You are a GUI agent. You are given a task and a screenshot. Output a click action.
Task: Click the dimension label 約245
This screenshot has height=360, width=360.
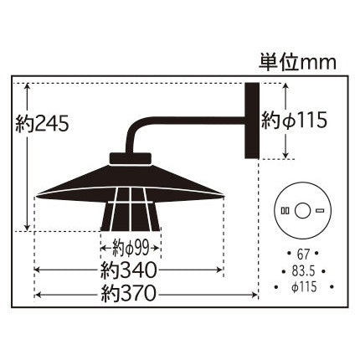[41, 124]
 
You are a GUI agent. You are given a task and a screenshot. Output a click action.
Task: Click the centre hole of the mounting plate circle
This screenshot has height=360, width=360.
[306, 209]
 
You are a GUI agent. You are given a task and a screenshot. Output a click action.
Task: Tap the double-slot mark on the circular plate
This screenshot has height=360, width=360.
[285, 209]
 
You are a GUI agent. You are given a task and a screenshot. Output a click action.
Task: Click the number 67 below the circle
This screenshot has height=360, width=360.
[305, 252]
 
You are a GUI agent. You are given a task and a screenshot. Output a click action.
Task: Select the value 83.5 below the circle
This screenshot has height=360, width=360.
[305, 270]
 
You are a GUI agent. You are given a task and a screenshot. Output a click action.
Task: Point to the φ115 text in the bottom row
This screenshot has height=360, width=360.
[305, 286]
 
